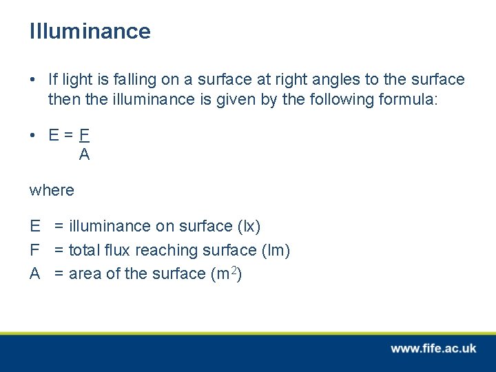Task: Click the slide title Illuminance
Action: tap(90, 32)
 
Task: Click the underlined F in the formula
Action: tap(84, 135)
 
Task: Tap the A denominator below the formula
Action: tap(84, 155)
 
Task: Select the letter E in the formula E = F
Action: tap(54, 135)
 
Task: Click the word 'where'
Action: tap(52, 190)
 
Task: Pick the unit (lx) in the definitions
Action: tap(249, 227)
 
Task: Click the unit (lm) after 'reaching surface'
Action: tap(276, 250)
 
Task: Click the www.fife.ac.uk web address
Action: tap(433, 349)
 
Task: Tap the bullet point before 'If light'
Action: tap(33, 80)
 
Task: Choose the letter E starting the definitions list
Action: tap(34, 227)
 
